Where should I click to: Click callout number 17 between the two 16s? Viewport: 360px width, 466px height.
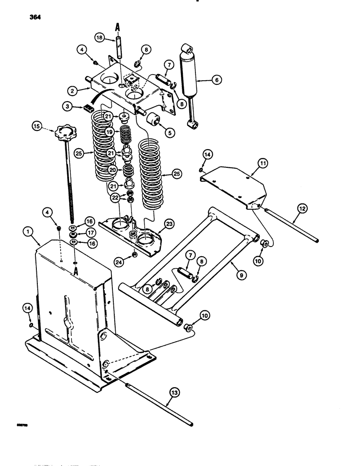(x=75, y=235)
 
